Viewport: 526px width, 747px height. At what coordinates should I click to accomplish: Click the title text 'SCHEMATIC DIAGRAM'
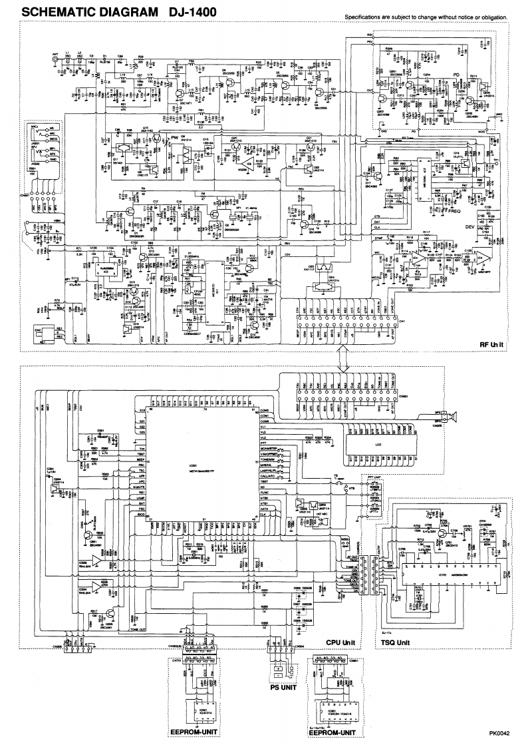point(80,11)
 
